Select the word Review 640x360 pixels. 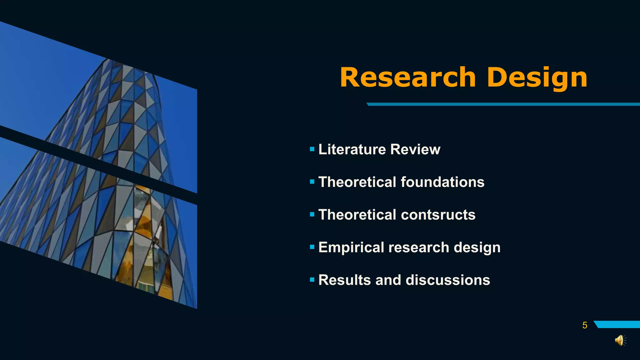(415, 149)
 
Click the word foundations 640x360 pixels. (442, 182)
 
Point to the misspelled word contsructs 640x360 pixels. (438, 215)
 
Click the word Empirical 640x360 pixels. (351, 247)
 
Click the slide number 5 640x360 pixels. (585, 325)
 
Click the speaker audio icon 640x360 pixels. (620, 340)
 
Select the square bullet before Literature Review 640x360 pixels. (312, 149)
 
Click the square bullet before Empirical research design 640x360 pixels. (312, 247)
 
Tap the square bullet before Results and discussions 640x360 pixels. (312, 280)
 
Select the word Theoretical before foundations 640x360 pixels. (357, 182)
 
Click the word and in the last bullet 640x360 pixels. (388, 280)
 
